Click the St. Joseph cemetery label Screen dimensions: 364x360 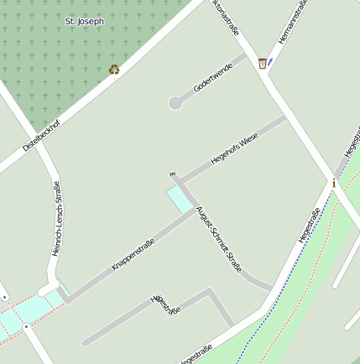point(84,19)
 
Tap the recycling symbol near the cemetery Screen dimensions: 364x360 point(114,70)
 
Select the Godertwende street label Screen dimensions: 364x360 point(212,81)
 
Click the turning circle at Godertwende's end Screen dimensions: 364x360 point(175,103)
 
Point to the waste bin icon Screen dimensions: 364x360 point(263,63)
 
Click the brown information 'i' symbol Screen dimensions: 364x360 point(333,183)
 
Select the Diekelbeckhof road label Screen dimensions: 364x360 point(41,133)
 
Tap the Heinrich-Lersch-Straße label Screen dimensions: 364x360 point(56,219)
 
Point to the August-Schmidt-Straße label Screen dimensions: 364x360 point(218,238)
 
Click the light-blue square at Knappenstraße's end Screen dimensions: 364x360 point(179,200)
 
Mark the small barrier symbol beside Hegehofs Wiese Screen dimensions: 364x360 point(173,175)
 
